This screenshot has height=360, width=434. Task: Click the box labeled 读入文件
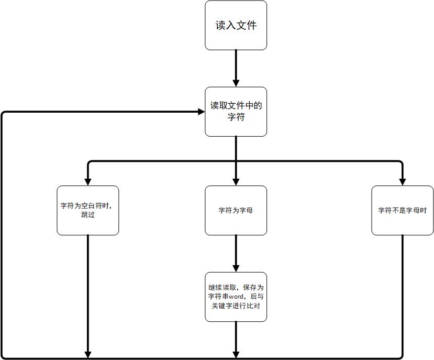[236, 25]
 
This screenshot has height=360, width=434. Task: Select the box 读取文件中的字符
[236, 112]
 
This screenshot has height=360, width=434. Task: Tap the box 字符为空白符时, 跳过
[87, 210]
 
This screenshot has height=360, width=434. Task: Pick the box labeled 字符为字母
[236, 210]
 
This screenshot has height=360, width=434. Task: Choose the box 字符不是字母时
[402, 210]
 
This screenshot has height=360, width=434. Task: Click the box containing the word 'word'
[236, 297]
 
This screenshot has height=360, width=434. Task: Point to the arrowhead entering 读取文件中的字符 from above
[236, 83]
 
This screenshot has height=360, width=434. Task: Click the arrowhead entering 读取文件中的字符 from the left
[201, 112]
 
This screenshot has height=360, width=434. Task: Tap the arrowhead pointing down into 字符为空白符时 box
[87, 181]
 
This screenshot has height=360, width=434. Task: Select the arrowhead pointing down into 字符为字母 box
[236, 181]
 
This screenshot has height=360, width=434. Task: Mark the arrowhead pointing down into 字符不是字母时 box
[402, 181]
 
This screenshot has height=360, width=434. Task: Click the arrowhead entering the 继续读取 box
[236, 268]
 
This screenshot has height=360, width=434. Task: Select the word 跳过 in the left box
[87, 215]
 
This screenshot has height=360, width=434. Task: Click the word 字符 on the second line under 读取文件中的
[236, 117]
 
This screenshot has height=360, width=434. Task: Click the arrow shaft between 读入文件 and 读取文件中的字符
[236, 65]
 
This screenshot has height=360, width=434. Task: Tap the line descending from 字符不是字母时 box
[402, 293]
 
